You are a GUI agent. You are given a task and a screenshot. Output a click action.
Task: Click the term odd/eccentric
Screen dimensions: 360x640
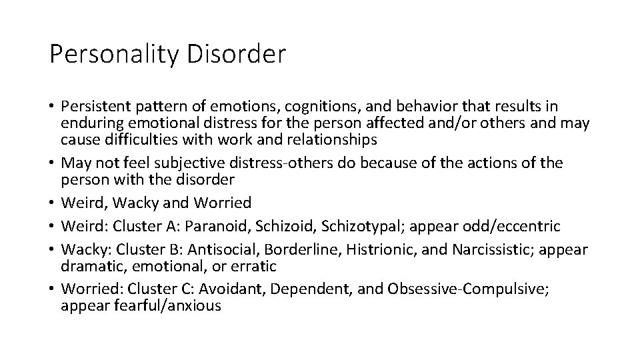tap(509, 227)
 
